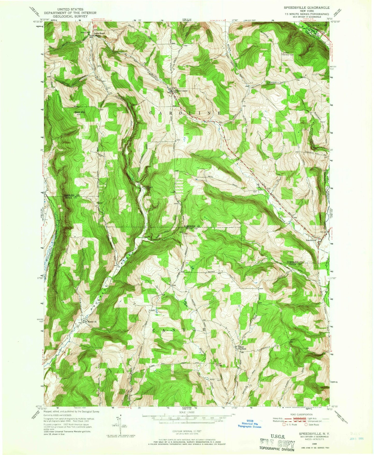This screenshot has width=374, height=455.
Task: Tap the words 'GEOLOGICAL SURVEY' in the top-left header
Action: pyautogui.click(x=70, y=16)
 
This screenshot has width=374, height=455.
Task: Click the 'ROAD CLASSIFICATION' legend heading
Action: pyautogui.click(x=301, y=415)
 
